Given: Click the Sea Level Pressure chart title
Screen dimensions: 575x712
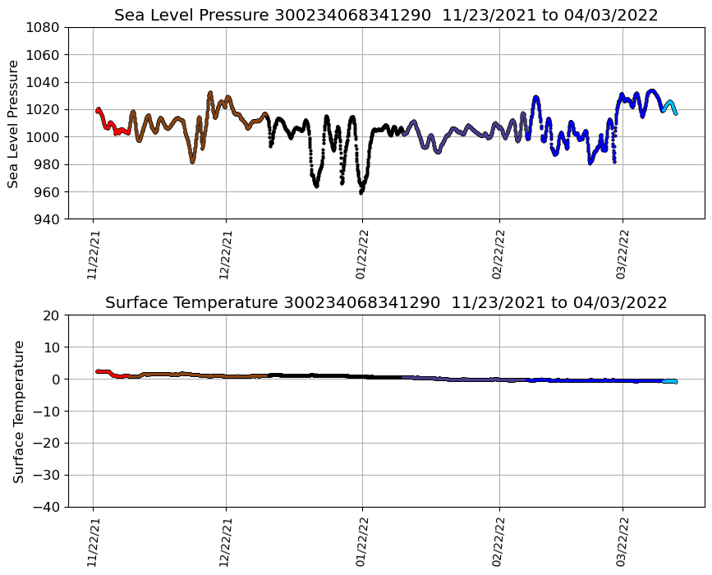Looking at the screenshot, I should click(386, 16).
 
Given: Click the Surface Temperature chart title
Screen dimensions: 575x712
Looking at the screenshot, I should click(386, 303).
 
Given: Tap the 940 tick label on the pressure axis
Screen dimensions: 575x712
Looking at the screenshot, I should click(48, 219).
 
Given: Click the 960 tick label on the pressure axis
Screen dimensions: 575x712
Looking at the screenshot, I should click(48, 192).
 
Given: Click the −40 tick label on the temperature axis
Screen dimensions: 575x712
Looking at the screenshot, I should click(48, 507).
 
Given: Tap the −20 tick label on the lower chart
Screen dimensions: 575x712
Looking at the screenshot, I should click(48, 444).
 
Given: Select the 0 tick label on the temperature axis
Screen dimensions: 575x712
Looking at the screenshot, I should click(57, 379).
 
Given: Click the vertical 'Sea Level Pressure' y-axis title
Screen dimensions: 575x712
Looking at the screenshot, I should click(14, 123).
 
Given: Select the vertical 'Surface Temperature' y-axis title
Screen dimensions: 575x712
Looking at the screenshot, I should click(18, 411).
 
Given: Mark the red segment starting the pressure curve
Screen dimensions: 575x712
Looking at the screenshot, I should click(107, 126).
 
